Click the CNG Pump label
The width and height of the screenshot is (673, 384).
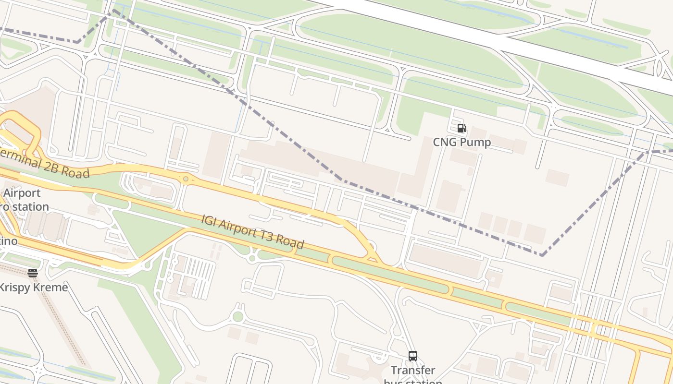(x=461, y=142)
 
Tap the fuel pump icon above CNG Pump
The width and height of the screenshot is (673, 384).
(x=461, y=128)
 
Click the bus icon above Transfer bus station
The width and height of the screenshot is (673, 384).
(x=413, y=356)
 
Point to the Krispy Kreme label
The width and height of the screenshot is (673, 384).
(x=33, y=288)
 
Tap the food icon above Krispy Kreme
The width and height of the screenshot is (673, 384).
(x=33, y=273)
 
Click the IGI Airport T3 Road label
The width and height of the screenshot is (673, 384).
(x=252, y=232)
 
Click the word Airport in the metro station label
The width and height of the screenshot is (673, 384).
(x=22, y=193)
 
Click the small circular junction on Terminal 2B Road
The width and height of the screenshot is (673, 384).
(x=186, y=179)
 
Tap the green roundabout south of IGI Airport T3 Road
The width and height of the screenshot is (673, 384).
(x=237, y=317)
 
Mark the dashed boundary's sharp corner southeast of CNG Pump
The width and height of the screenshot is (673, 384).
(x=542, y=255)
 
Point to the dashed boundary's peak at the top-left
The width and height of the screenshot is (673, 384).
(x=114, y=10)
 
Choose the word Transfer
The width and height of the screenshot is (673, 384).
(x=413, y=370)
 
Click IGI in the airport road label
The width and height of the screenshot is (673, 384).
(x=209, y=222)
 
